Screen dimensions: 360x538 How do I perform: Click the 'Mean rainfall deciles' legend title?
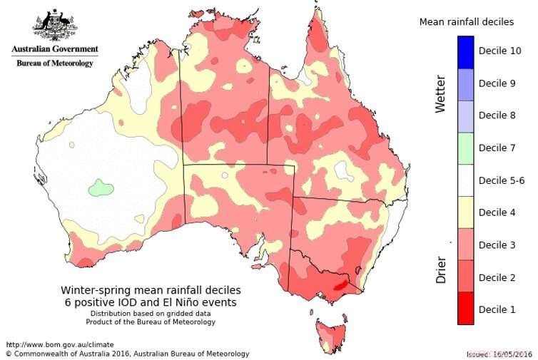(466, 22)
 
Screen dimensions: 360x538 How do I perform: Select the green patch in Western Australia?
(101, 189)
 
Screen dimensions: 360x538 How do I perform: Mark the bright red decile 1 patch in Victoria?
(341, 284)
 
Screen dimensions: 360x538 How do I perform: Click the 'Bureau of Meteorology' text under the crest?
(54, 63)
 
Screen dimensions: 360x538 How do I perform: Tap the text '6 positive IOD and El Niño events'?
(148, 302)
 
